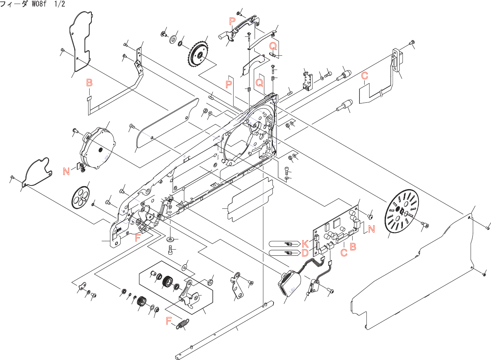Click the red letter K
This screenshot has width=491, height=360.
click(305, 244)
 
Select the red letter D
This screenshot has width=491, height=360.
click(305, 253)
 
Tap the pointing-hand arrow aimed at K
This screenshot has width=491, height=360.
click(284, 244)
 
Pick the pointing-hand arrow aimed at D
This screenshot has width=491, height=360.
click(284, 253)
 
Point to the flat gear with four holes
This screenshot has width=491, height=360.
click(80, 197)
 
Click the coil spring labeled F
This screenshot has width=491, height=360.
click(183, 324)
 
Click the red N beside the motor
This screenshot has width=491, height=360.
click(66, 171)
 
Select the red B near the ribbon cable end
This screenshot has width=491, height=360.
click(89, 83)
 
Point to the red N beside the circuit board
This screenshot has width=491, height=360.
click(371, 229)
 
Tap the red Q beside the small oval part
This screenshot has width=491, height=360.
click(273, 46)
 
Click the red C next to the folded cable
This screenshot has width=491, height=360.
click(364, 76)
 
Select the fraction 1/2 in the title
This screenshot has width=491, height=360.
click(59, 4)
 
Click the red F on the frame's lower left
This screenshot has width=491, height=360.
click(137, 238)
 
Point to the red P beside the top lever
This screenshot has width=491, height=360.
click(232, 21)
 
